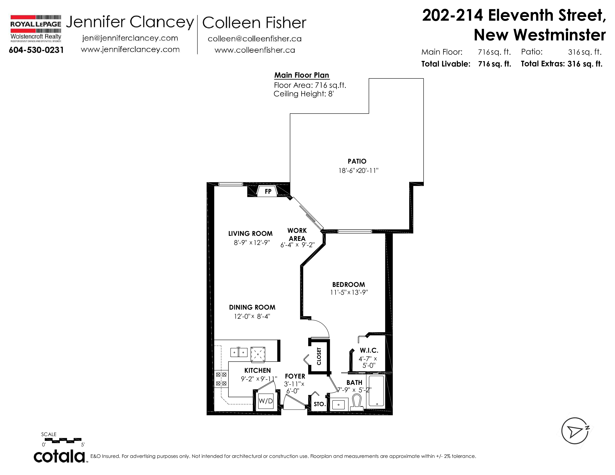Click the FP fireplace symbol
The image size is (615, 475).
point(268,191)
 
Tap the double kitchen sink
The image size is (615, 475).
point(239,352)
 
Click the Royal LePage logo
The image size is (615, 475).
point(36,28)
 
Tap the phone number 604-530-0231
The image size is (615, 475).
point(36,50)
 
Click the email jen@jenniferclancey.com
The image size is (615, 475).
point(130,38)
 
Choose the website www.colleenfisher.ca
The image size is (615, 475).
point(255,50)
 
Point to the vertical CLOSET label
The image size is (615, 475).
point(319,356)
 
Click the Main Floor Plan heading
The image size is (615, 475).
point(302,75)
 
